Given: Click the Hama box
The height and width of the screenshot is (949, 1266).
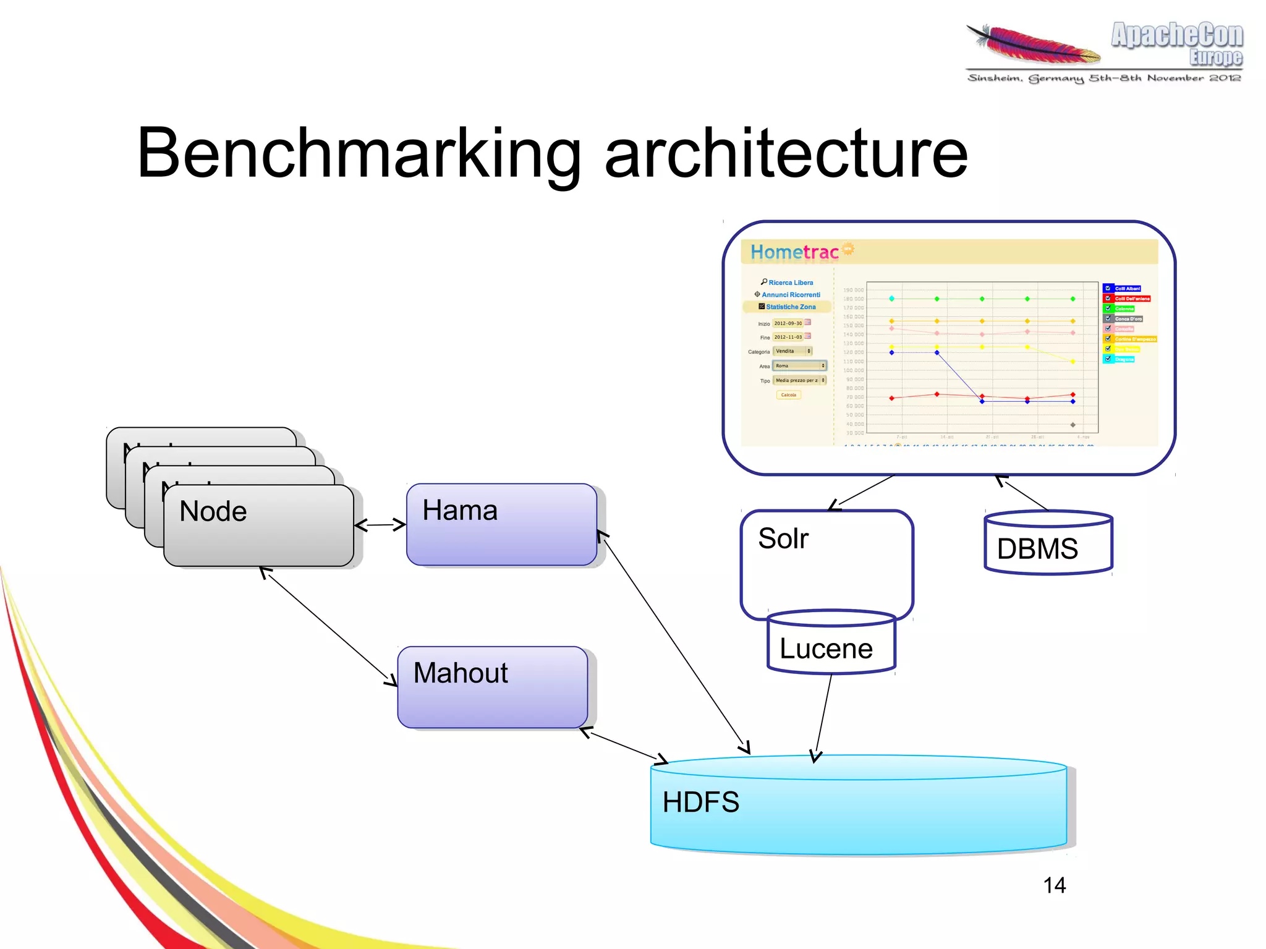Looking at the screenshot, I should click(501, 524).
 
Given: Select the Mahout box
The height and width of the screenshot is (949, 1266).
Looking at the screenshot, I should click(493, 687).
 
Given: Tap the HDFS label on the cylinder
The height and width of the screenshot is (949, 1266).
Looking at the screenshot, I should click(700, 802).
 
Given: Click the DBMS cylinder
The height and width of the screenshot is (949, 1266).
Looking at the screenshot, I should click(1048, 543).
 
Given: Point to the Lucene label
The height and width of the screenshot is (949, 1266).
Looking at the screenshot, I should click(826, 649).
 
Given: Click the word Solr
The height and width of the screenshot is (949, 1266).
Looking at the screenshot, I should click(783, 538).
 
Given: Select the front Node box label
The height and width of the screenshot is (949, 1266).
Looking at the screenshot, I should click(213, 511).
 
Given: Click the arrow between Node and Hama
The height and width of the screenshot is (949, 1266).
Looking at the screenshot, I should click(380, 526).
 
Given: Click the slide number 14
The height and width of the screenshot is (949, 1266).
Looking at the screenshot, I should click(1054, 885).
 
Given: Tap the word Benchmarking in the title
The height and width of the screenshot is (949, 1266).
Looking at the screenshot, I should click(359, 153).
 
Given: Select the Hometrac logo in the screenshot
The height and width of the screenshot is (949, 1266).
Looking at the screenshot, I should click(794, 252).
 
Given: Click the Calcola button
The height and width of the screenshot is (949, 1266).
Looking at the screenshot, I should click(788, 395).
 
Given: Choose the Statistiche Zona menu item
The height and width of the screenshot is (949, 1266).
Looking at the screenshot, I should click(790, 307).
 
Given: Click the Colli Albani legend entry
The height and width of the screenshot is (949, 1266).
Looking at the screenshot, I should click(1127, 289).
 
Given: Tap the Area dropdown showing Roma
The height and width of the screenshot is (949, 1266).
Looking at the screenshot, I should click(799, 366).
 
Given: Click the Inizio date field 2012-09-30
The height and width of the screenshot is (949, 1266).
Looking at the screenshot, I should click(788, 323).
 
